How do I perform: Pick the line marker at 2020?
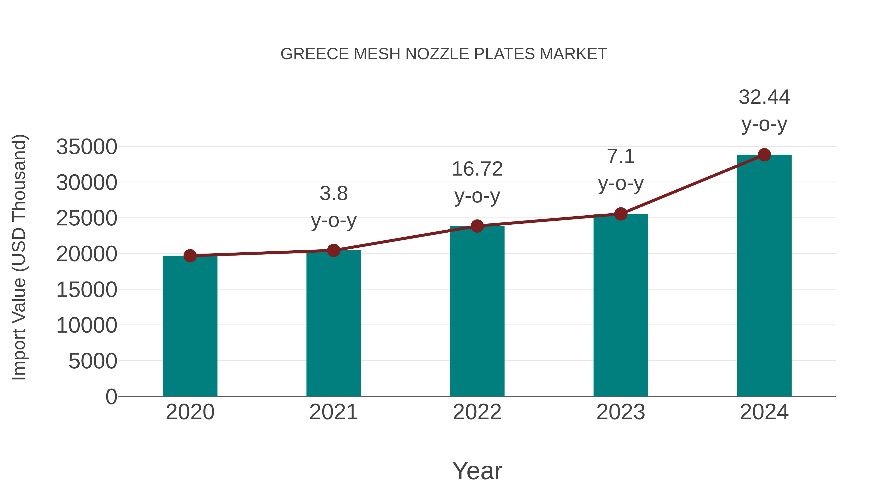pyautogui.click(x=190, y=256)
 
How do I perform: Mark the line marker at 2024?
pyautogui.click(x=764, y=155)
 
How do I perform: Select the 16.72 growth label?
pyautogui.click(x=477, y=169)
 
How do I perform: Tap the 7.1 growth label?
pyautogui.click(x=621, y=157)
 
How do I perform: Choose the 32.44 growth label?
pyautogui.click(x=764, y=97)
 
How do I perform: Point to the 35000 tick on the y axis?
pyautogui.click(x=87, y=147)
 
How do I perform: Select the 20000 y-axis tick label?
pyautogui.click(x=87, y=254)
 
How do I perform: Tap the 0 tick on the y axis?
pyautogui.click(x=111, y=397)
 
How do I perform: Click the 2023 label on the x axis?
pyautogui.click(x=621, y=412)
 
